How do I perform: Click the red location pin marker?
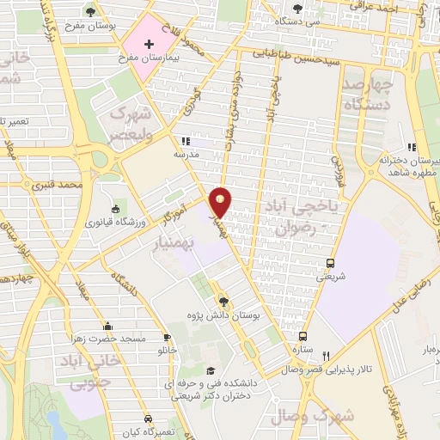coord(221,202)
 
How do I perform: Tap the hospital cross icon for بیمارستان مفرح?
coord(149,44)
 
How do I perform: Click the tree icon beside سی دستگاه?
coord(297,8)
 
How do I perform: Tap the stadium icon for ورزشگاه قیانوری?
coord(115,209)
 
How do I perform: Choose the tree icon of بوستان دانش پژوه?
coord(223,301)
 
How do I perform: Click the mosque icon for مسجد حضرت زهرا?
coord(107,326)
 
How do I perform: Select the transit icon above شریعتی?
coord(331,264)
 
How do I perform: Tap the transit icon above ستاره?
coord(302,336)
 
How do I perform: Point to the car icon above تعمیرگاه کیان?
coord(149,415)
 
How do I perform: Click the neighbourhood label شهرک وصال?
coord(311,417)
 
